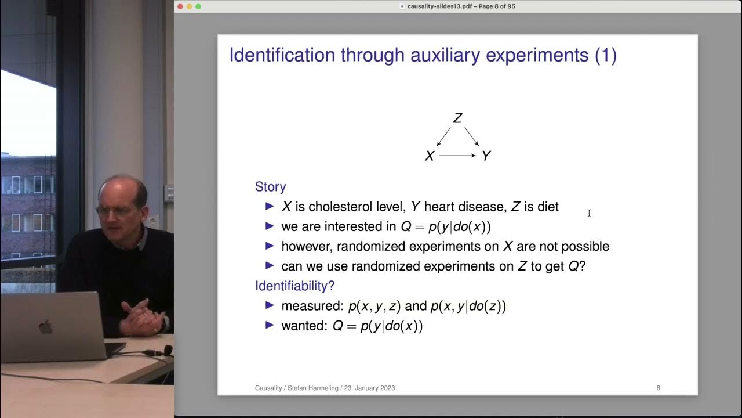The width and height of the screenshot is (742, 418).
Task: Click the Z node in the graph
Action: point(457,118)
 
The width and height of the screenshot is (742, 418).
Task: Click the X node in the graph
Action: point(430,156)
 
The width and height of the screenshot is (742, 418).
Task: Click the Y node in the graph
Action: point(486,156)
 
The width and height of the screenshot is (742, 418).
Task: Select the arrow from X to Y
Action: point(457,156)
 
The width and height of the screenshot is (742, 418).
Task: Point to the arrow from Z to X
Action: point(443,137)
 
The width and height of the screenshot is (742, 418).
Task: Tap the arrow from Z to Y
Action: point(471,137)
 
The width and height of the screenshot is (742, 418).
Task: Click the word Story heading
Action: point(270,187)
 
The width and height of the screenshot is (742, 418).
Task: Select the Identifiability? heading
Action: point(294,286)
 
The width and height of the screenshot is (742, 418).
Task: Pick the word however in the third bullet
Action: point(307,246)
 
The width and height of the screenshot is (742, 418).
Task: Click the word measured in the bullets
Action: point(311,306)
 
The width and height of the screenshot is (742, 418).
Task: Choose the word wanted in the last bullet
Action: point(304,326)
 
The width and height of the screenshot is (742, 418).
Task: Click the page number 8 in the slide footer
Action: point(658,388)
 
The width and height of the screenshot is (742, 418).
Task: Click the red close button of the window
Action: point(180,6)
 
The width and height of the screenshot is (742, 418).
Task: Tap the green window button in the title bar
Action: point(198,6)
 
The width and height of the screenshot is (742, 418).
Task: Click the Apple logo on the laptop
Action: point(45,327)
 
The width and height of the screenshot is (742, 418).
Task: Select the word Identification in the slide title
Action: point(282,55)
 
